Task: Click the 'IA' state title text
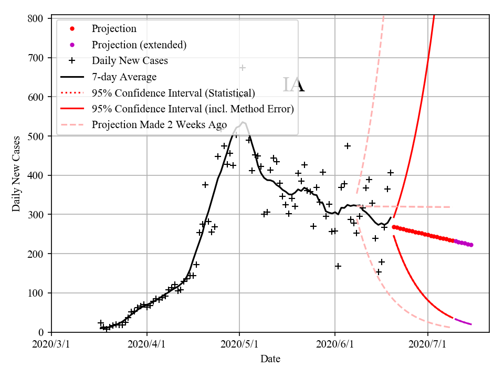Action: point(293,85)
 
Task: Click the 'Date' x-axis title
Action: point(270,359)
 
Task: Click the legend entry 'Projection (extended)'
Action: point(139,45)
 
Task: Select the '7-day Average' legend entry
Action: point(124,77)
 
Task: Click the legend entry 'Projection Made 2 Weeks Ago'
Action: point(159,125)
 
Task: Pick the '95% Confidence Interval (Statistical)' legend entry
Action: point(173,93)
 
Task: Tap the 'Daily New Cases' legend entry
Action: point(130,61)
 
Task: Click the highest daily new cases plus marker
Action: point(243,68)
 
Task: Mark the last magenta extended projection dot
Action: point(471,245)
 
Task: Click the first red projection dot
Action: point(394,227)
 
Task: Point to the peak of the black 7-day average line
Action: point(243,122)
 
